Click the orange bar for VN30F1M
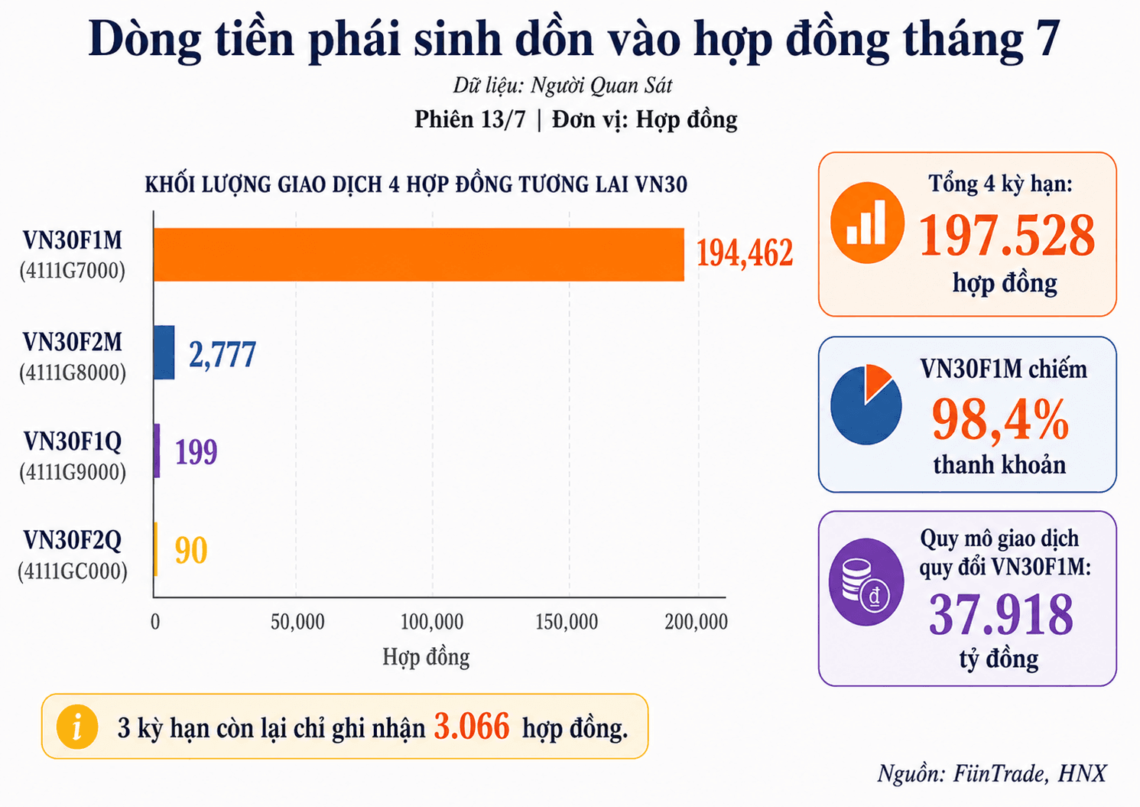(x=419, y=255)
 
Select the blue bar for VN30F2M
(x=164, y=353)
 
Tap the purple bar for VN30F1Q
(x=157, y=451)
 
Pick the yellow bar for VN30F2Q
(x=156, y=549)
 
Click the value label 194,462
(x=745, y=253)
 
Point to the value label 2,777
(x=222, y=354)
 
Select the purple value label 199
(x=196, y=451)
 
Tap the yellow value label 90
(x=191, y=550)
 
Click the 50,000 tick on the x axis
(x=297, y=622)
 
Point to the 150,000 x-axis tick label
(x=567, y=622)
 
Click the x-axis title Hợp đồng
(x=426, y=657)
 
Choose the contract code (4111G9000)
(x=73, y=472)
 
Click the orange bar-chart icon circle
(x=867, y=223)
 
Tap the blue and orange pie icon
(x=866, y=405)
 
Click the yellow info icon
(x=77, y=727)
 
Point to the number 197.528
(x=1007, y=236)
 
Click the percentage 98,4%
(x=1000, y=419)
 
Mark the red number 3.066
(x=471, y=727)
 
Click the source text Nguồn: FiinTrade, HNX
(x=992, y=774)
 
